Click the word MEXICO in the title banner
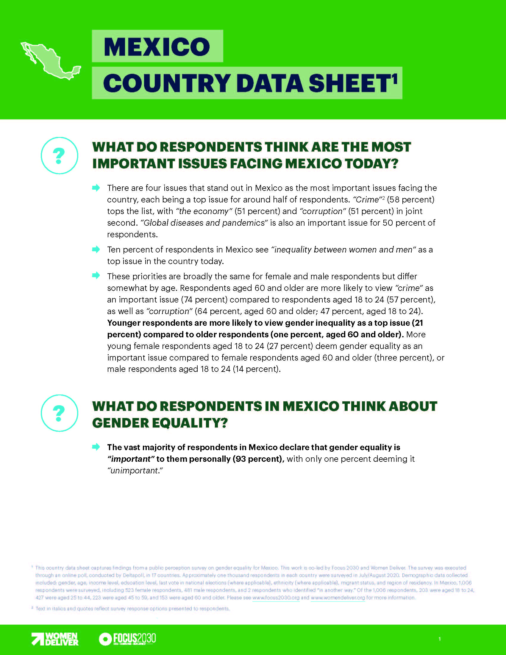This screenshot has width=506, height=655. tap(157, 46)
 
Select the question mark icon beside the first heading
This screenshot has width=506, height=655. tap(59, 155)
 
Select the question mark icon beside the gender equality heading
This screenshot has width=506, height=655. tap(59, 413)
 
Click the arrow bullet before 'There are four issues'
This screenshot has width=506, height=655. tap(96, 188)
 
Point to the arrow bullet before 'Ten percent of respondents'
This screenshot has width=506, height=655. tap(96, 249)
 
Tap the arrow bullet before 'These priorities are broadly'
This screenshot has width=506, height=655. tap(96, 276)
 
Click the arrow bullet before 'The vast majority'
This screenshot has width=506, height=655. tap(96, 447)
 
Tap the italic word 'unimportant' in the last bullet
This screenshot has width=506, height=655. tap(135, 470)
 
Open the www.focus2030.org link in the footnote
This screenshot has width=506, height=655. tap(276, 598)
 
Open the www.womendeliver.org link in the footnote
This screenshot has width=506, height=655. tap(338, 598)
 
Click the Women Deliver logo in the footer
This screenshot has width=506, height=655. tap(55, 639)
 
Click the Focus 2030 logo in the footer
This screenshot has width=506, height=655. tap(127, 639)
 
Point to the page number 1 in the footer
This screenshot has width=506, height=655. tap(439, 639)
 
